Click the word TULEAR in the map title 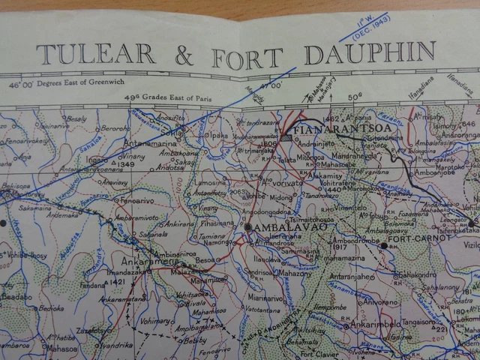(x=95, y=54)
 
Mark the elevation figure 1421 (x=117, y=282)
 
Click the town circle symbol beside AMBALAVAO (x=247, y=226)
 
